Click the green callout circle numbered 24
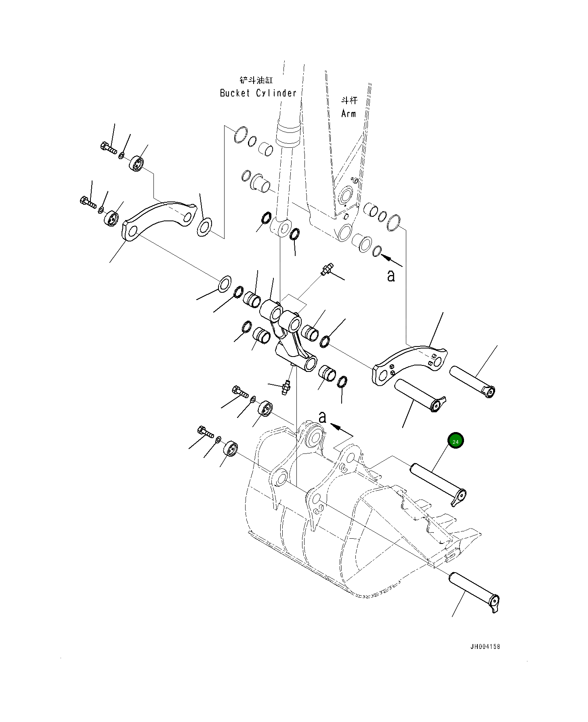(x=455, y=441)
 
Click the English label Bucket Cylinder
(x=258, y=93)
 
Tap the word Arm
(x=349, y=114)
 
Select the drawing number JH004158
(x=485, y=646)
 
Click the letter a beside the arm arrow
(x=391, y=276)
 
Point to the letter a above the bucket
(x=322, y=417)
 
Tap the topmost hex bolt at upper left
(x=108, y=148)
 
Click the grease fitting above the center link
(x=326, y=269)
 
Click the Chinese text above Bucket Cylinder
(x=256, y=80)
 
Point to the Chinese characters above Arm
(x=349, y=101)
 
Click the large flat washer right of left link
(x=204, y=227)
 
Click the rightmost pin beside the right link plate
(x=471, y=380)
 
